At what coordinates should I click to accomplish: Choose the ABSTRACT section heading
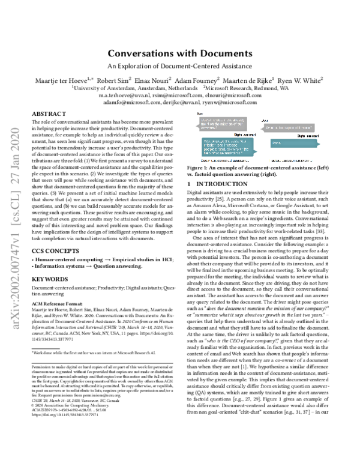point(49,113)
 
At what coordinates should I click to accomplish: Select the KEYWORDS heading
point(50,295)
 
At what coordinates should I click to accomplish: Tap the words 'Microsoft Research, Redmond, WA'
point(261,87)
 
